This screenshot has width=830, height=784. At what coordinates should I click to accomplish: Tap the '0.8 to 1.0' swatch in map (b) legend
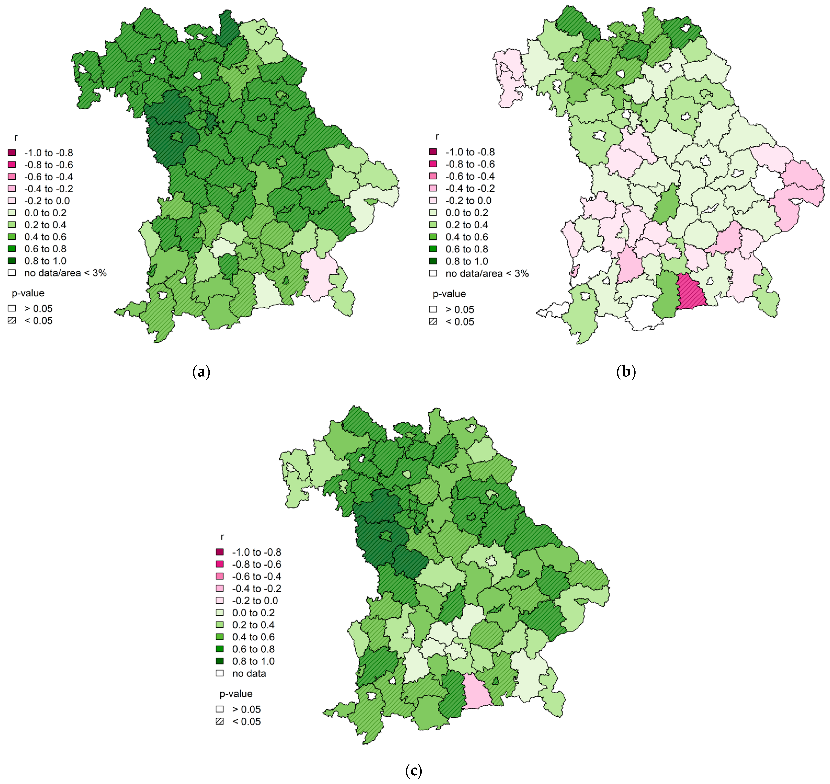click(433, 261)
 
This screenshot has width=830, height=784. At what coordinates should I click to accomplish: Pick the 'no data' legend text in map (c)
click(249, 673)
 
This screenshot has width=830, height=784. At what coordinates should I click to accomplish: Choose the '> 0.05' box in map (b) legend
click(433, 309)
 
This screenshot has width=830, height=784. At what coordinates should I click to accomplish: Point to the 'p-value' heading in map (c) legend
click(236, 694)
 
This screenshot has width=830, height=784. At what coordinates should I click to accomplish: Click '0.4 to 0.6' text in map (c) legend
click(253, 637)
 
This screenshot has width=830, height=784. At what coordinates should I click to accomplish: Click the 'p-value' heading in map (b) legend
click(449, 294)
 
